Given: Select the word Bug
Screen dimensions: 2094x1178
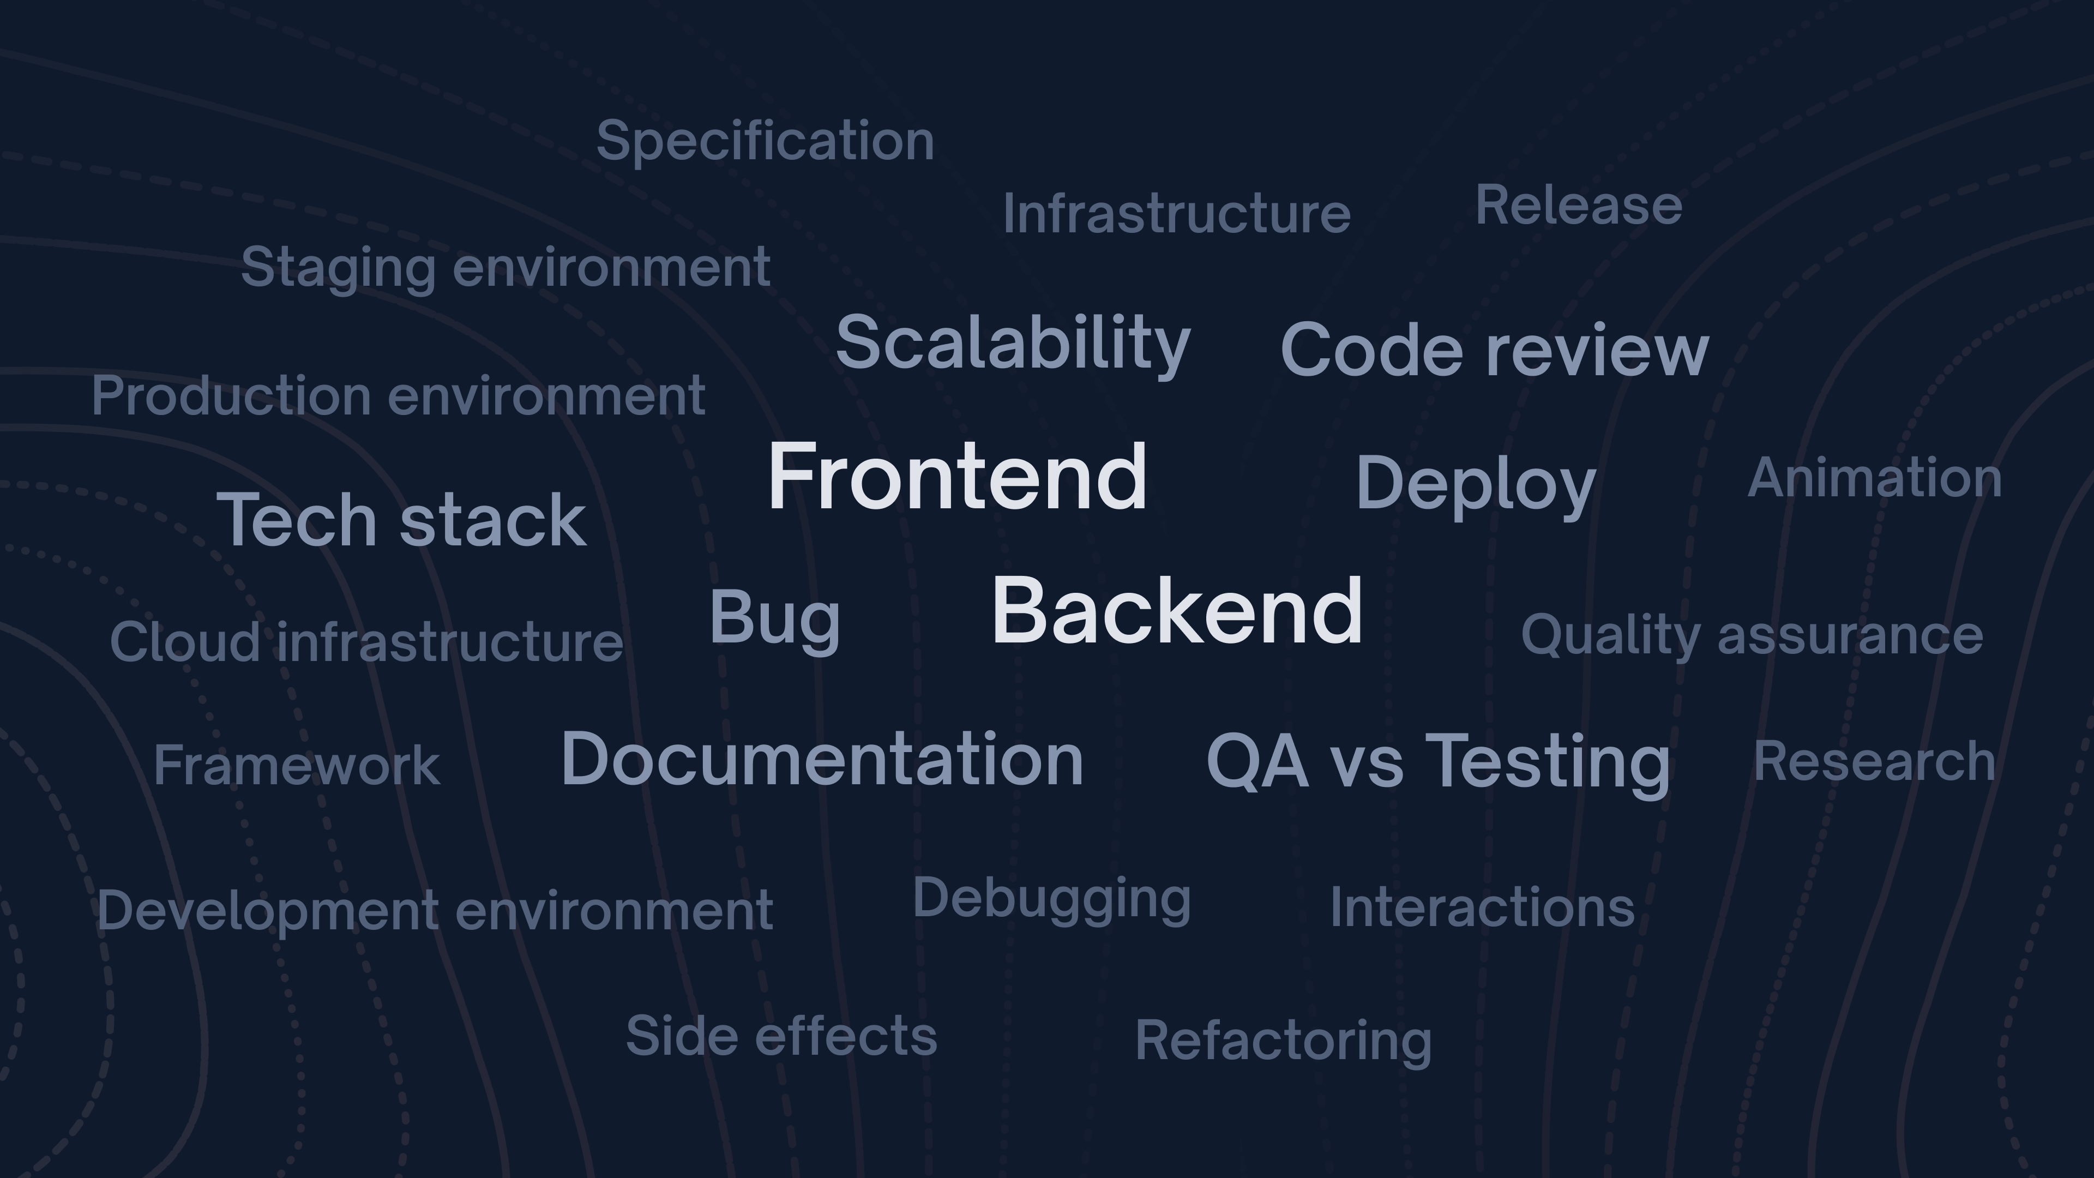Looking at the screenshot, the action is coord(775,620).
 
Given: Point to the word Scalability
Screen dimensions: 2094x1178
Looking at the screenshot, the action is coord(1013,345).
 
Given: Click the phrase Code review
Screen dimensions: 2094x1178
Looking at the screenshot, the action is coord(1494,350).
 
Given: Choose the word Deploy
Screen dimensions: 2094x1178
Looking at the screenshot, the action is coord(1476,486).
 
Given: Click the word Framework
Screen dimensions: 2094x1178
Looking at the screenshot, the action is coord(297,765).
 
